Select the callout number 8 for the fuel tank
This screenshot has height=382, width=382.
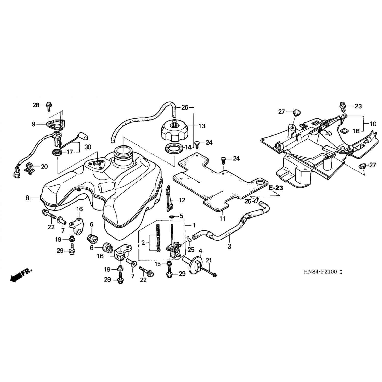[x=28, y=198]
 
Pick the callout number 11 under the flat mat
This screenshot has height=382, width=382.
[x=222, y=218]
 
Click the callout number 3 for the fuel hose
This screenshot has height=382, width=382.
[x=229, y=246]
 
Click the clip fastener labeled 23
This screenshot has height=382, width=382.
[x=343, y=106]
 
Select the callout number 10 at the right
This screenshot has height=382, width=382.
[x=373, y=124]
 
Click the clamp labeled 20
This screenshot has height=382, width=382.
[x=30, y=168]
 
